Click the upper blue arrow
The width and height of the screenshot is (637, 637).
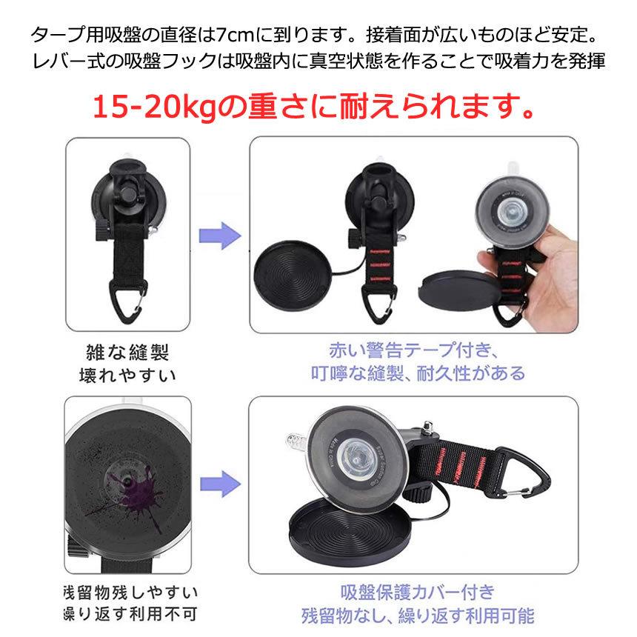point(221,238)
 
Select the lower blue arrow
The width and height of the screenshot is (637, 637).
point(221,485)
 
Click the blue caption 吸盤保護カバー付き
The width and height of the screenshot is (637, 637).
point(417,593)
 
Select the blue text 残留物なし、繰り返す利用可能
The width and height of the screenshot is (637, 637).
point(417,616)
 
